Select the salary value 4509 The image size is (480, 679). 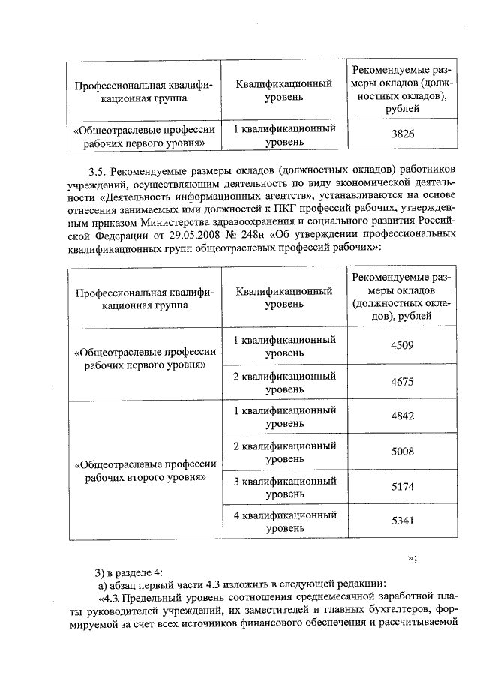pos(403,346)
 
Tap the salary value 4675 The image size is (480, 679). pos(403,382)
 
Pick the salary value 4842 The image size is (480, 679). pos(403,416)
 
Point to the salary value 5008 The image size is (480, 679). pos(403,452)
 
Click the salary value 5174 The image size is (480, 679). pos(403,487)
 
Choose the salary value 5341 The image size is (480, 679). pos(403,521)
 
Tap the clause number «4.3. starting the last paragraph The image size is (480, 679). pos(109,598)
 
